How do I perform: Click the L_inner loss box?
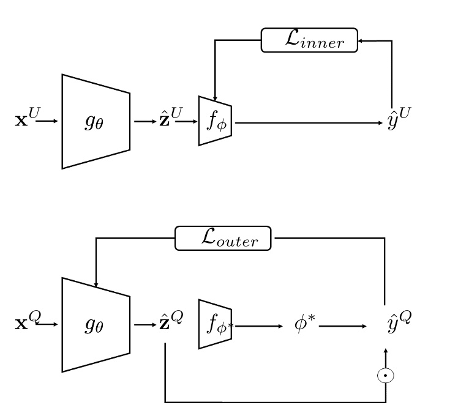(309, 40)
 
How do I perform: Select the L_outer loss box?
(223, 238)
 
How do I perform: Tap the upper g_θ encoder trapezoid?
(96, 122)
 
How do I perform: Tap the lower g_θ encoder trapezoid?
(96, 325)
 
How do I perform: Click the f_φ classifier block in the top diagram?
(215, 121)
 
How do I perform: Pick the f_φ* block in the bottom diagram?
(215, 324)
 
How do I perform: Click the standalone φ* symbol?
(304, 323)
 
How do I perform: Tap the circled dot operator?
(385, 374)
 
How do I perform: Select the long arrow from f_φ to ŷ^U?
(306, 122)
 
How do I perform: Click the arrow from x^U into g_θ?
(47, 122)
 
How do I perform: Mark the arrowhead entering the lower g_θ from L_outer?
(96, 284)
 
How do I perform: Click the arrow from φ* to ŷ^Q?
(342, 326)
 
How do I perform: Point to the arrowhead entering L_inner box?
(361, 40)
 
